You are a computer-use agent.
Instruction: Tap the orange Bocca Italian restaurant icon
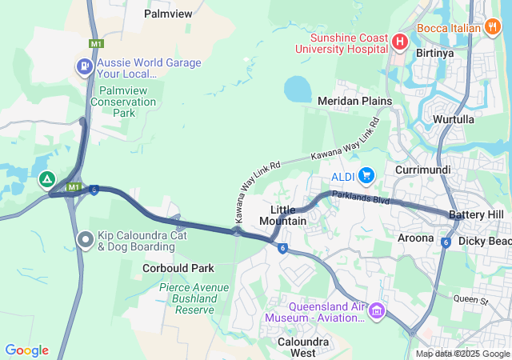pos(494,27)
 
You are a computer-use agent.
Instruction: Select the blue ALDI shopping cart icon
pos(367,174)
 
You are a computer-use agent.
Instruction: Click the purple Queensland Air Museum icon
pos(376,310)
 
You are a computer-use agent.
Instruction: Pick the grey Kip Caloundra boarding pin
pos(86,239)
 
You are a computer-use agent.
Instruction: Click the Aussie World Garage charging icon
pos(84,66)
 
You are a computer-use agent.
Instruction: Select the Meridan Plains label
pos(354,101)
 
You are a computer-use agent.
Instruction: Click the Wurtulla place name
pos(454,119)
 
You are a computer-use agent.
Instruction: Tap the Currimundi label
pos(423,170)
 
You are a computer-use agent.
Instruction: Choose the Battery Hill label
pos(476,215)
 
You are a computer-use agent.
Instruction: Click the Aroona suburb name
pos(415,238)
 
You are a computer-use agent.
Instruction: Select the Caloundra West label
pos(291,346)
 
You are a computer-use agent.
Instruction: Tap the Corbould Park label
pos(178,268)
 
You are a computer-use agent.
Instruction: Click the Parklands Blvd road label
pos(360,198)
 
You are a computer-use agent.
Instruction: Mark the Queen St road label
pos(470,300)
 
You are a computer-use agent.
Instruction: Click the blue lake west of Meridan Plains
pos(298,89)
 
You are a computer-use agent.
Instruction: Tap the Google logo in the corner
pos(26,350)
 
